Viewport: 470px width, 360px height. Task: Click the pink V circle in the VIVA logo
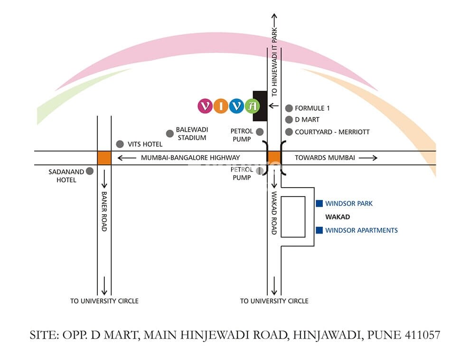point(205,106)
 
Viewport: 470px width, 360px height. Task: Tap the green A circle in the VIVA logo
point(252,106)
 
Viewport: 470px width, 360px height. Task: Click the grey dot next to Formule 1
point(289,108)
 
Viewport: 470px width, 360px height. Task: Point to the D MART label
point(307,120)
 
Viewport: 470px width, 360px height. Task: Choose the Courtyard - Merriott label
point(332,132)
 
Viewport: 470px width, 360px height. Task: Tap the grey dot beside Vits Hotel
point(120,144)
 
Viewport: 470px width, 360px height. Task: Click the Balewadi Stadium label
point(191,133)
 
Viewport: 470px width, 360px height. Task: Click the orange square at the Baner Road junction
point(104,158)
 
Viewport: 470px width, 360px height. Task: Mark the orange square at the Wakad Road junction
point(274,158)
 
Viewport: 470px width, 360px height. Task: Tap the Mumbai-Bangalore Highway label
point(190,158)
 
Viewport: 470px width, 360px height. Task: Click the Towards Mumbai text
point(325,158)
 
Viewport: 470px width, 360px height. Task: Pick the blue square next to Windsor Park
point(320,204)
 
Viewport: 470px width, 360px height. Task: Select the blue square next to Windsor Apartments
point(320,230)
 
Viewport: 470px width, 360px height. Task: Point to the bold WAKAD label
point(337,217)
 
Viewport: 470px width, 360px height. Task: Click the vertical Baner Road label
point(104,211)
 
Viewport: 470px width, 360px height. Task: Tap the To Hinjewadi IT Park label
point(274,61)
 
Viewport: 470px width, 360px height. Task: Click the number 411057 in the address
point(423,335)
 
